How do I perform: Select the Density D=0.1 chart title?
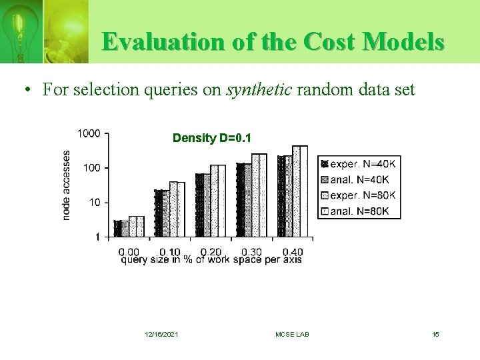click(212, 138)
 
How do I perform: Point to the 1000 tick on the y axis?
click(89, 133)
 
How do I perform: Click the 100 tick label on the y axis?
click(92, 168)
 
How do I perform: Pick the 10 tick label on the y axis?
click(95, 202)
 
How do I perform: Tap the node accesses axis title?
click(67, 185)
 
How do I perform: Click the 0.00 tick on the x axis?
click(129, 252)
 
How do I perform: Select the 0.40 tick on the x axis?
click(293, 252)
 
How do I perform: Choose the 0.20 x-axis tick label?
click(211, 252)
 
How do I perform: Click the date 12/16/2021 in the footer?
click(161, 334)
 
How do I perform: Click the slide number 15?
click(435, 334)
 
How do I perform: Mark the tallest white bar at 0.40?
click(300, 191)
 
